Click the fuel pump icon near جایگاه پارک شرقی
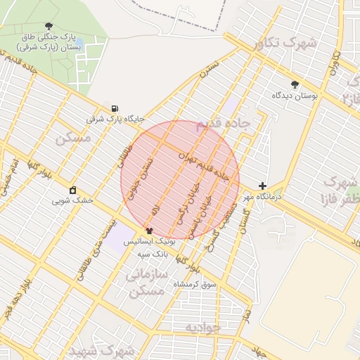click(x=114, y=108)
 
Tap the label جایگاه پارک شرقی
click(x=115, y=119)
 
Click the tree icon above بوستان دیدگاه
click(x=295, y=84)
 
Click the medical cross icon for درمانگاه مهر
click(x=262, y=186)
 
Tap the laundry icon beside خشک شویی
click(x=72, y=190)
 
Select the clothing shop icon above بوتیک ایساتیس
click(x=148, y=230)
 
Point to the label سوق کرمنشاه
click(x=194, y=285)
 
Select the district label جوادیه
click(x=203, y=328)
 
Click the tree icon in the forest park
click(x=48, y=25)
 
